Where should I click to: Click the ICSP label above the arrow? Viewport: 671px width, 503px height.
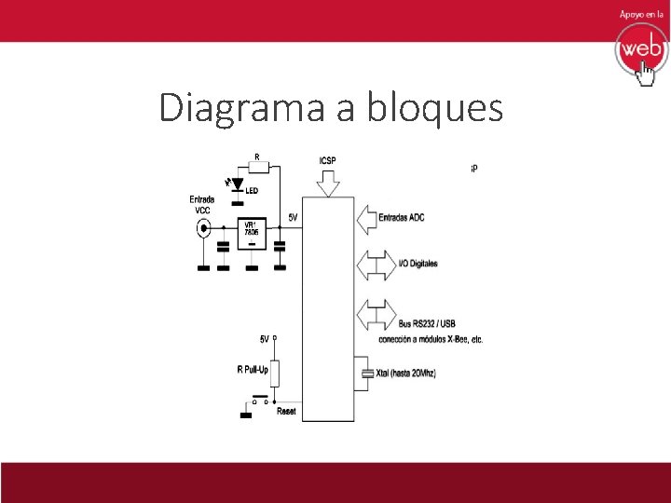pos(327,160)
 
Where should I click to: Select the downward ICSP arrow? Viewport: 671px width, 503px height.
pos(329,184)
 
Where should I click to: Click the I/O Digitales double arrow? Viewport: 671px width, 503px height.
pos(377,265)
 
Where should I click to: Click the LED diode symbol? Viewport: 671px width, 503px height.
pos(237,184)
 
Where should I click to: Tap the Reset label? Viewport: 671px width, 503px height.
pos(286,411)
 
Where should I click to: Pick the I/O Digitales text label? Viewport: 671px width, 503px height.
pos(418,265)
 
